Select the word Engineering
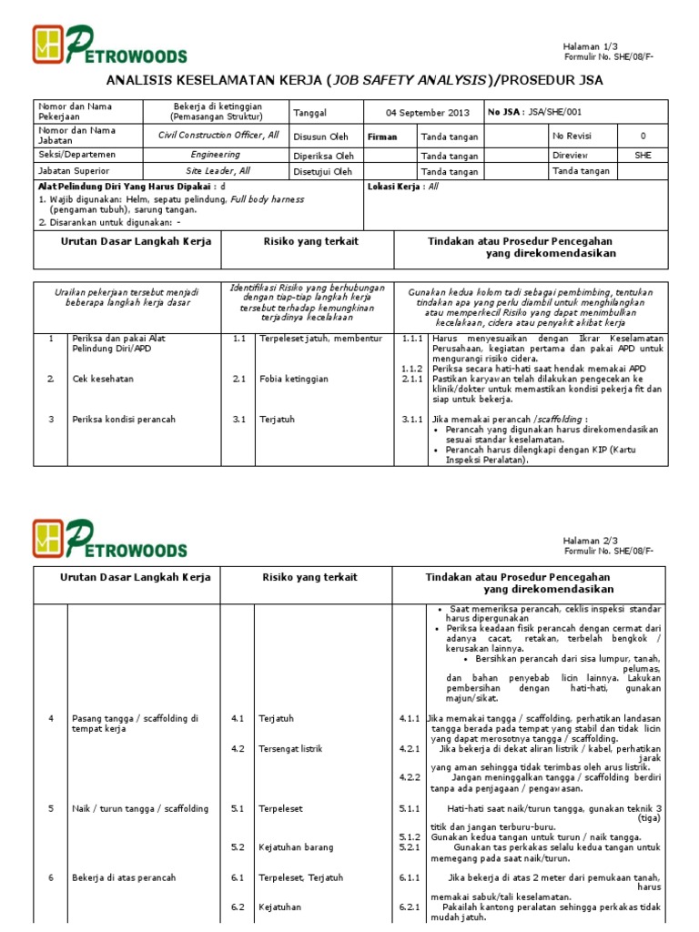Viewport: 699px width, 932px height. (216, 155)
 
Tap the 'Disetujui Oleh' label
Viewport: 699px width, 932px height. (322, 171)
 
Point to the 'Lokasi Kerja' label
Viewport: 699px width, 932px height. (395, 187)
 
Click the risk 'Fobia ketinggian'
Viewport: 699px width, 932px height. (294, 379)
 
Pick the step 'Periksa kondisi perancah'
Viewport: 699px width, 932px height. (124, 420)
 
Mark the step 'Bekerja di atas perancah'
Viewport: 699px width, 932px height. (124, 877)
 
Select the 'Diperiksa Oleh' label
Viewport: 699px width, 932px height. (323, 155)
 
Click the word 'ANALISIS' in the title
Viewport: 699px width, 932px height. (148, 80)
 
